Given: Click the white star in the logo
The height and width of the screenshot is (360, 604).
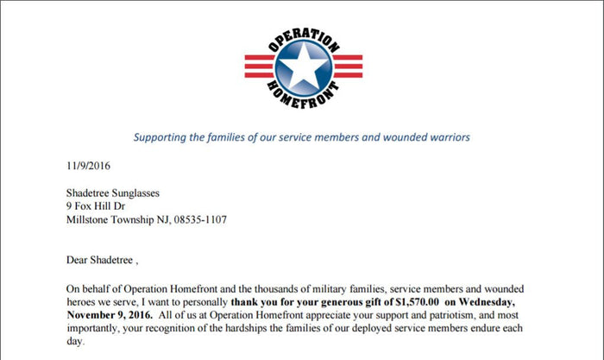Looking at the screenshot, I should pos(302,66).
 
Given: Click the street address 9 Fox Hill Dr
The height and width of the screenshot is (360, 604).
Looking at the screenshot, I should pos(101,206).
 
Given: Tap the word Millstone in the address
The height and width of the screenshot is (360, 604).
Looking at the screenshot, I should pos(90,220).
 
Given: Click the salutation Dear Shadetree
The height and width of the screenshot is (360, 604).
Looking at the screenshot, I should pos(101,259).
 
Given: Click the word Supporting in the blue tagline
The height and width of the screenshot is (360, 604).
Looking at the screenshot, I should pos(162,136).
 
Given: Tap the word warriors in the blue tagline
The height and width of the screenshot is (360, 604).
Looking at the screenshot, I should pos(447,136).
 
